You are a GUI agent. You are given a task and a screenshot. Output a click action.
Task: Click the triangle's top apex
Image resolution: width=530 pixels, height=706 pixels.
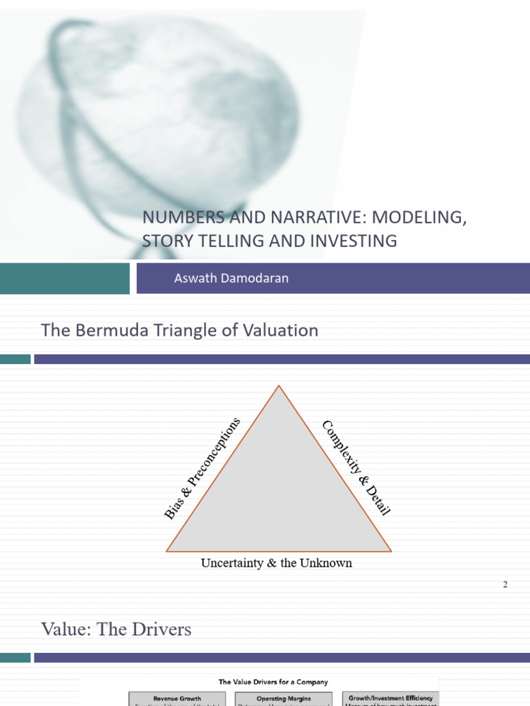(279, 386)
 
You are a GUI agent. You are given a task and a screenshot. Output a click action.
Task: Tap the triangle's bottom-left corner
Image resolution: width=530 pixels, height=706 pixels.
(168, 552)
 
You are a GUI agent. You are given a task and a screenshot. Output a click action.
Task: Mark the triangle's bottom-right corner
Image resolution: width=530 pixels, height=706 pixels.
(391, 552)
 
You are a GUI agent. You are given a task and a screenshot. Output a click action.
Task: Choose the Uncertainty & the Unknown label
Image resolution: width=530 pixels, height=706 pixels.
(276, 563)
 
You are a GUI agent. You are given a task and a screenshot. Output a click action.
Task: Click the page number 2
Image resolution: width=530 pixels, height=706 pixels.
(505, 585)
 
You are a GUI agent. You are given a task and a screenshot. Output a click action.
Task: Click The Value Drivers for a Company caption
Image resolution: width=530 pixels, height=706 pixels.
(273, 682)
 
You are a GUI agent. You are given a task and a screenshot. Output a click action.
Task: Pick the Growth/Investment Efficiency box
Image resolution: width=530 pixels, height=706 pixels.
(391, 698)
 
